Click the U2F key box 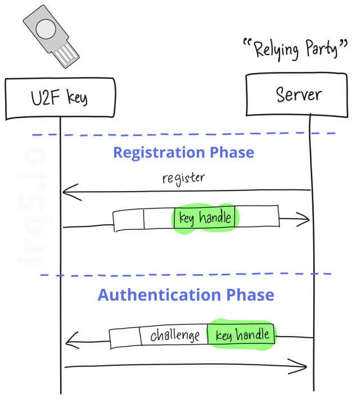coord(60,98)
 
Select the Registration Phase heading coord(183,152)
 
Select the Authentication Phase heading coord(186,295)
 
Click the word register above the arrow coord(183,178)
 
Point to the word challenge coord(175,336)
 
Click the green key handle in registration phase coord(204,218)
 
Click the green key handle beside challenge coord(242,335)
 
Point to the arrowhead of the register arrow coord(66,193)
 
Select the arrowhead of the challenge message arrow coord(70,339)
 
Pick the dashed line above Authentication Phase coord(186,275)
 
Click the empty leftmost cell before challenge coord(124,338)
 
